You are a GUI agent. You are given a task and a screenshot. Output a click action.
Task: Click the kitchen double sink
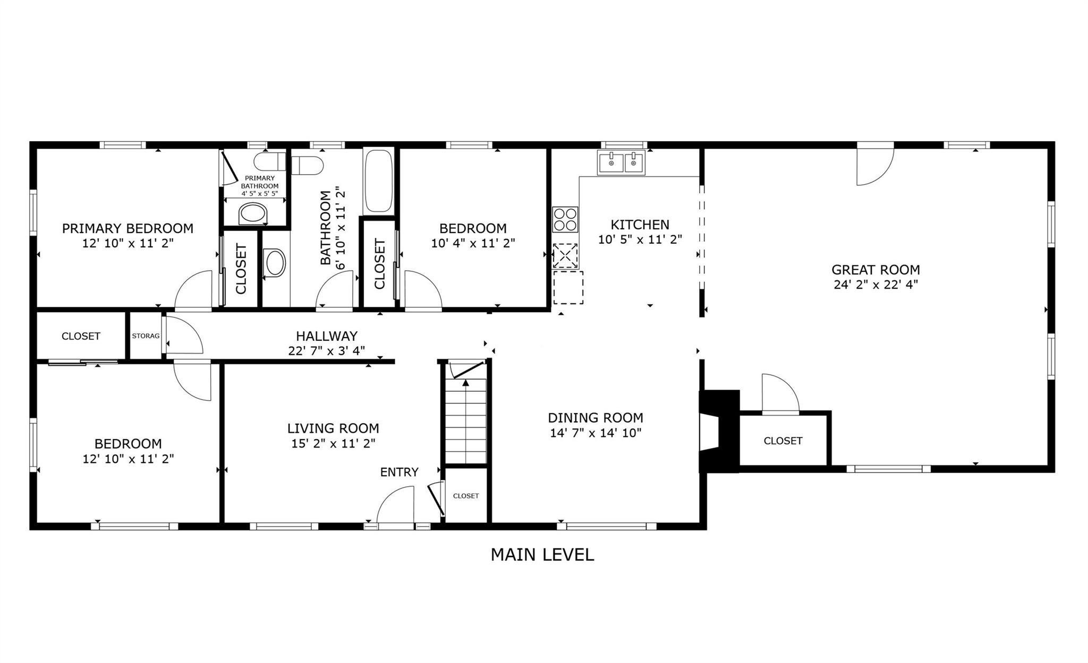[621, 162]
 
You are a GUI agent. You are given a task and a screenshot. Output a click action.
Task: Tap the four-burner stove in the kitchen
[565, 220]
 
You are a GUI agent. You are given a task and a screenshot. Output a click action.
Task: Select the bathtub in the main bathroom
[378, 181]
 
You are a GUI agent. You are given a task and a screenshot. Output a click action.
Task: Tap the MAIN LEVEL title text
[542, 555]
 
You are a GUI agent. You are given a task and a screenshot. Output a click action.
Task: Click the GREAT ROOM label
[875, 270]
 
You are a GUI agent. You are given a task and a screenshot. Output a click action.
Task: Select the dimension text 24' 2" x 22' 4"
[875, 285]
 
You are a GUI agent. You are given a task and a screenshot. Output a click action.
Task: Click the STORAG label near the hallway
[146, 336]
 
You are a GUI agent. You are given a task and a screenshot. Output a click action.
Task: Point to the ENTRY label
[399, 472]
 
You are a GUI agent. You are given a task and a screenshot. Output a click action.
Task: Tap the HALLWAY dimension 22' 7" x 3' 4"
[326, 350]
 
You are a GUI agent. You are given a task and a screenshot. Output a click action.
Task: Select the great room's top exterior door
[875, 166]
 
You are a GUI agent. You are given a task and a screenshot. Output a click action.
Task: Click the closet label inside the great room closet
[783, 441]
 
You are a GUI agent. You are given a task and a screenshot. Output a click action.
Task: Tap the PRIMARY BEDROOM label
[127, 228]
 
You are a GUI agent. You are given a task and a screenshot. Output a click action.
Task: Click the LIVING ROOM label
[333, 428]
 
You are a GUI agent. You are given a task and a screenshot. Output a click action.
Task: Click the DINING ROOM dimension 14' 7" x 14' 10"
[596, 433]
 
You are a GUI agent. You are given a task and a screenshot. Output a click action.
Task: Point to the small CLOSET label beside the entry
[466, 496]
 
